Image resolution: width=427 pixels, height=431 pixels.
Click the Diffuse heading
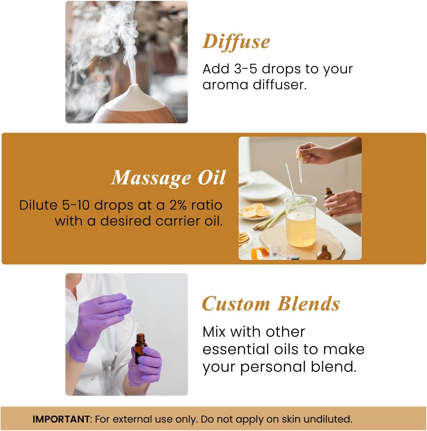pyautogui.click(x=236, y=42)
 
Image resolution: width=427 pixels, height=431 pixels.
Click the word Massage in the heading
pyautogui.click(x=151, y=178)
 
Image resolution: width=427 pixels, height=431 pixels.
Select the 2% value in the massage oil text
pyautogui.click(x=178, y=205)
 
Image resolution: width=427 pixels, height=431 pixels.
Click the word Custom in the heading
pyautogui.click(x=236, y=304)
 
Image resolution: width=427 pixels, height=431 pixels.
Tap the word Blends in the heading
pyautogui.click(x=309, y=304)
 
